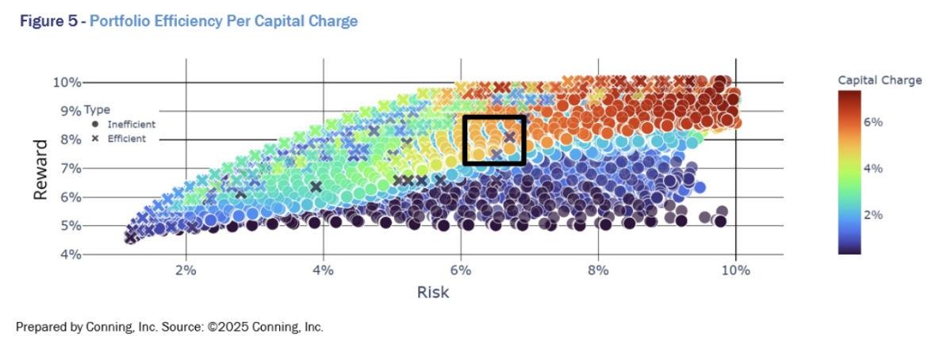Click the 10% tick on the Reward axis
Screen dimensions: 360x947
tap(67, 82)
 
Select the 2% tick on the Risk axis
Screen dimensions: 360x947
tap(186, 270)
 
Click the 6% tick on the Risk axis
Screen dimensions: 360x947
tap(461, 270)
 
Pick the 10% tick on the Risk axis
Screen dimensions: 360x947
tap(736, 270)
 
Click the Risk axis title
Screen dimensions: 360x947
tap(433, 293)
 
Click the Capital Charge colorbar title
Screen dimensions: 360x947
tap(880, 80)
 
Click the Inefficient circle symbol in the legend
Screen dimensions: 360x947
tap(95, 124)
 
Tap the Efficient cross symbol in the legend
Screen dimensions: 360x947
tap(95, 138)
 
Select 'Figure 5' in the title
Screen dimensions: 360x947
tap(44, 21)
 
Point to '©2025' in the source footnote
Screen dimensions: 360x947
tap(229, 327)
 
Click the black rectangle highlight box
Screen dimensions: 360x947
tap(494, 117)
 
